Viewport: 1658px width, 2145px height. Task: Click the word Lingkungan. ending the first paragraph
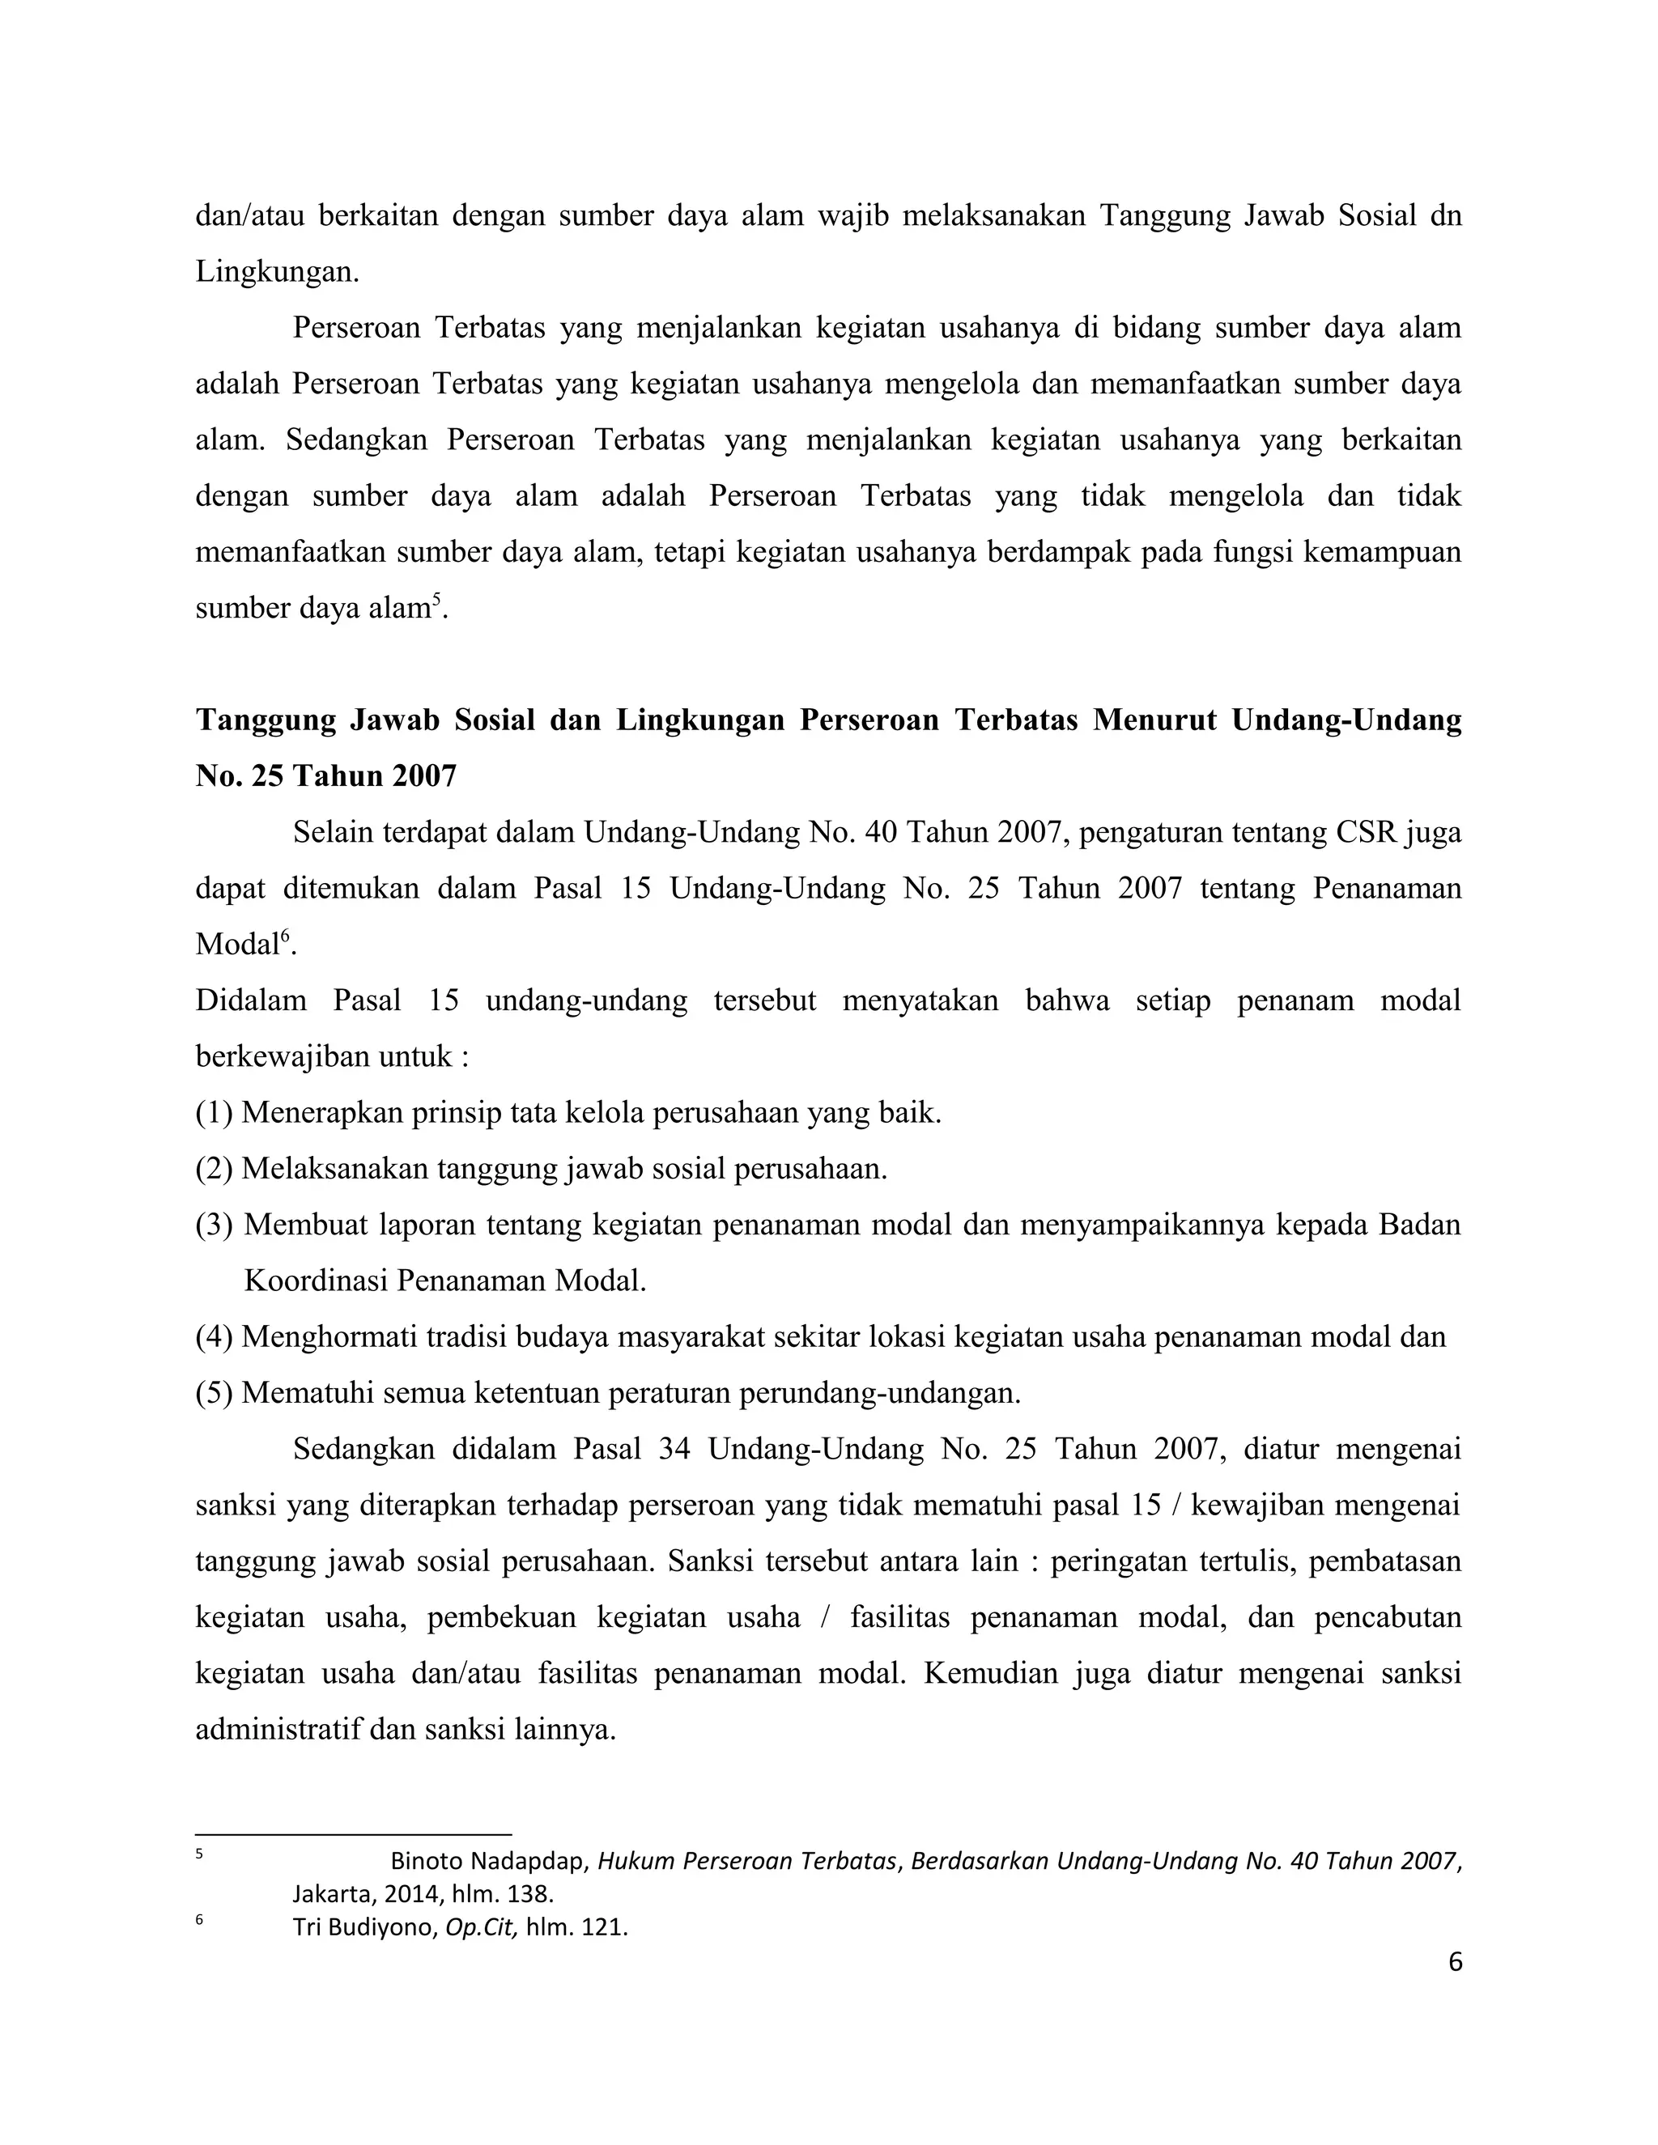pos(277,272)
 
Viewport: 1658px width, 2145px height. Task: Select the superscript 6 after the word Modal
pos(286,935)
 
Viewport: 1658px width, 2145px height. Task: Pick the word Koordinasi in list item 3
pos(312,1281)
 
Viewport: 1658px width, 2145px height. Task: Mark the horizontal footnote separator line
pos(354,1833)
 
